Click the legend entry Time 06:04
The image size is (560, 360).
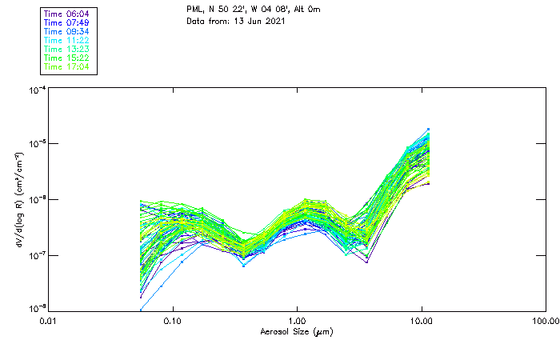66,14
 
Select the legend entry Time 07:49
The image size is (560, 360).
66,22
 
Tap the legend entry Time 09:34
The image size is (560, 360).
66,31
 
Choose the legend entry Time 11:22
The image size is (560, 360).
66,40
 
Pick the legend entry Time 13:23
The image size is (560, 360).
66,49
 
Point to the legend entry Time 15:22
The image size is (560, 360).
66,58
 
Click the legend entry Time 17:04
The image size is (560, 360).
66,66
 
